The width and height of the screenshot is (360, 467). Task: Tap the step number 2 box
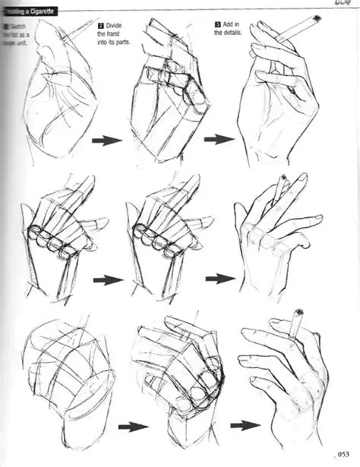[100, 25]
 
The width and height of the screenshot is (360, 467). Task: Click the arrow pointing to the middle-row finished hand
[219, 279]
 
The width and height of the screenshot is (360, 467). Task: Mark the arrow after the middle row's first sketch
[107, 280]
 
